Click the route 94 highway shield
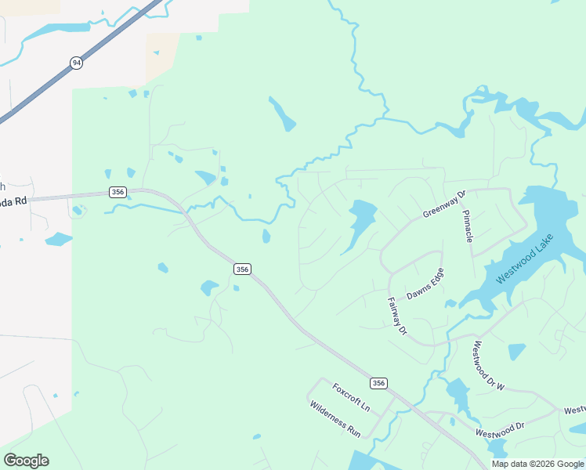pos(76,63)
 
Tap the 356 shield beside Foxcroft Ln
pos(379,383)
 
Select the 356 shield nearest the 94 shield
pos(118,192)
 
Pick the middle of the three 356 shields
pos(242,269)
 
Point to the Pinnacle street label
pos(467,226)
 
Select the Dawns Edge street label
pos(425,284)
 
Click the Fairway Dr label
pos(397,316)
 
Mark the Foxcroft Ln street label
pos(350,397)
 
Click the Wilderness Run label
pos(335,418)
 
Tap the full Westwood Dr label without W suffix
pos(500,429)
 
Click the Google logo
pos(26,460)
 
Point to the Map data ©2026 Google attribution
pos(537,464)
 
